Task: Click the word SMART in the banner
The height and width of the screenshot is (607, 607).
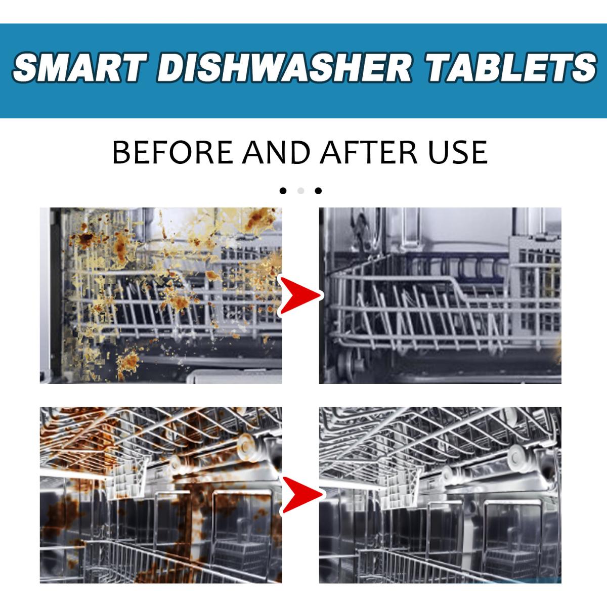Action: [80, 67]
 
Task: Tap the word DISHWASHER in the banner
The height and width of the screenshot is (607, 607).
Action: [284, 67]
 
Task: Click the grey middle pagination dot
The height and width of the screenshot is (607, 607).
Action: [300, 191]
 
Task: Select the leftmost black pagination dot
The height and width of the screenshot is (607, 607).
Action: [283, 191]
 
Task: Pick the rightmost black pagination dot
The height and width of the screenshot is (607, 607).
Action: [318, 191]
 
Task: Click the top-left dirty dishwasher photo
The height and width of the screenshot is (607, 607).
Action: [161, 295]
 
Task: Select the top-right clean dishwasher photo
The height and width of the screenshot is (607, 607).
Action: [440, 295]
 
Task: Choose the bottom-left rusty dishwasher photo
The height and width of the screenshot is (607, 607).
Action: [161, 495]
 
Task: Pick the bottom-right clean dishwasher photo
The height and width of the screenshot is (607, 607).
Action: [440, 495]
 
